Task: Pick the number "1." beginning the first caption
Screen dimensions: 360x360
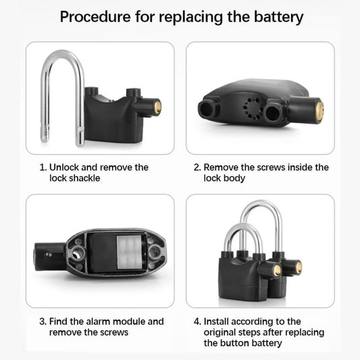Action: (x=43, y=167)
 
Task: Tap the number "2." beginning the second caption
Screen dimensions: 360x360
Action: (x=197, y=167)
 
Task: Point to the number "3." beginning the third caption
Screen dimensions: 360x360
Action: (x=43, y=322)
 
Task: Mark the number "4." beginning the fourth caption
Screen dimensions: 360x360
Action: (x=197, y=322)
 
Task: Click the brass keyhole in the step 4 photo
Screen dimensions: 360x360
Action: (x=277, y=270)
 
